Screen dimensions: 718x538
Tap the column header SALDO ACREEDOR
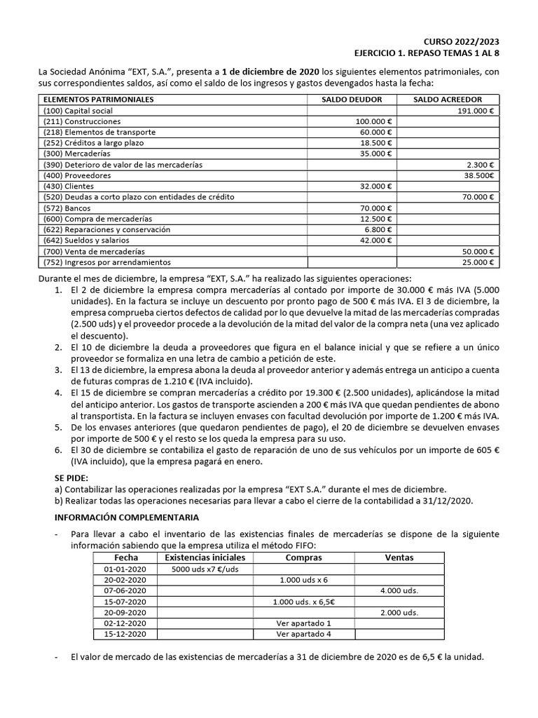[x=448, y=100]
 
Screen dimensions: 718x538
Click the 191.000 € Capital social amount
[x=476, y=111]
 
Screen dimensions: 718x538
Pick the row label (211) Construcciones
[x=81, y=121]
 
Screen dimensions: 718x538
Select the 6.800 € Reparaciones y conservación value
[x=378, y=229]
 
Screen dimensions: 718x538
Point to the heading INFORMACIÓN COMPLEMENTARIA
[x=127, y=517]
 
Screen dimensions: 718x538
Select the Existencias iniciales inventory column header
[x=205, y=557]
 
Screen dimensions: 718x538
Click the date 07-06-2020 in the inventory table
[x=125, y=590]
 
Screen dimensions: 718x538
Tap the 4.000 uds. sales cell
[x=399, y=590]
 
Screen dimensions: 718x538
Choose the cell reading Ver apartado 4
[x=304, y=634]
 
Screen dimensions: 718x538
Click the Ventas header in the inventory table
[x=399, y=557]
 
